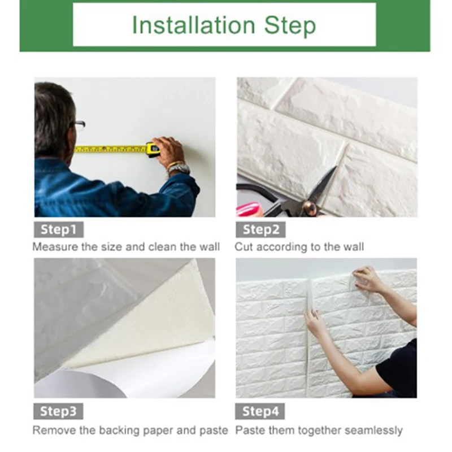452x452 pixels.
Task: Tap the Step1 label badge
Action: pyautogui.click(x=58, y=230)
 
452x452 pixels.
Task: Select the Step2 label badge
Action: pyautogui.click(x=261, y=230)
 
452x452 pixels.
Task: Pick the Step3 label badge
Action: pyautogui.click(x=59, y=411)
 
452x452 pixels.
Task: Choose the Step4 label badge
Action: pyautogui.click(x=260, y=411)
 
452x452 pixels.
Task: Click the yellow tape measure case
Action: pyautogui.click(x=153, y=149)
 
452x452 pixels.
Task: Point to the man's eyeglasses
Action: pyautogui.click(x=79, y=125)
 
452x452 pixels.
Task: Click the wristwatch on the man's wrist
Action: pyautogui.click(x=179, y=168)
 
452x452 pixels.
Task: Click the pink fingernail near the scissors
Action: pyautogui.click(x=247, y=210)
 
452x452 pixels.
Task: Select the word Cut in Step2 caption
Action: pyautogui.click(x=244, y=247)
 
